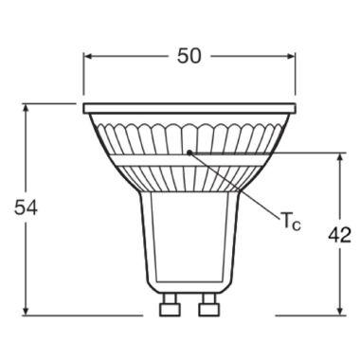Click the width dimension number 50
pyautogui.click(x=189, y=56)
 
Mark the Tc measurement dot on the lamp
pyautogui.click(x=189, y=151)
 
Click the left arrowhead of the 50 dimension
pyautogui.click(x=88, y=56)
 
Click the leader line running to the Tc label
pyautogui.click(x=237, y=186)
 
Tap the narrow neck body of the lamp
pyautogui.click(x=189, y=237)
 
